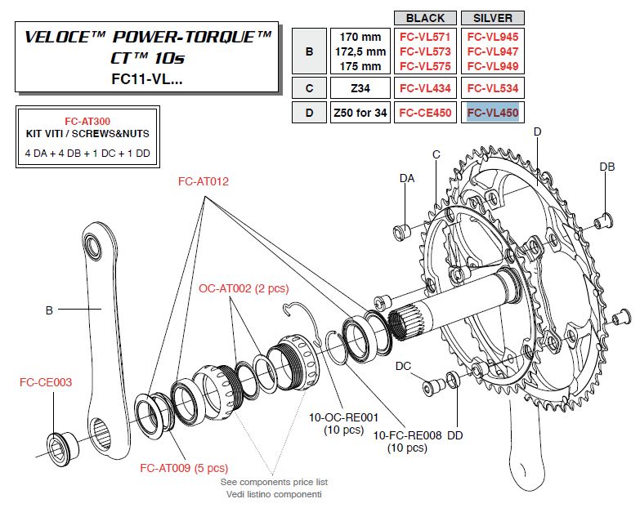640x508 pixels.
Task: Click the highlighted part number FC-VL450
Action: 492,114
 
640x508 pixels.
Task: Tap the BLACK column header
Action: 425,17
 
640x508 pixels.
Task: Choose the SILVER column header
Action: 492,17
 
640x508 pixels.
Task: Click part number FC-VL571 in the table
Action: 425,37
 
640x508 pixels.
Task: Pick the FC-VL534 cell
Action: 492,87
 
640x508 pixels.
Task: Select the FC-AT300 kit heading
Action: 87,120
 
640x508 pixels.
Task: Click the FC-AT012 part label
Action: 204,182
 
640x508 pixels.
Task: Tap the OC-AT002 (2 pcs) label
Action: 244,288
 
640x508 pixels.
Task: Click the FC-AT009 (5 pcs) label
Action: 184,468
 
